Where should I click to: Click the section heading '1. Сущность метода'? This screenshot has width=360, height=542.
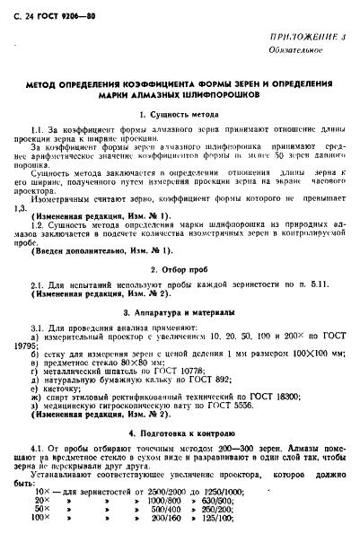tap(180, 115)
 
